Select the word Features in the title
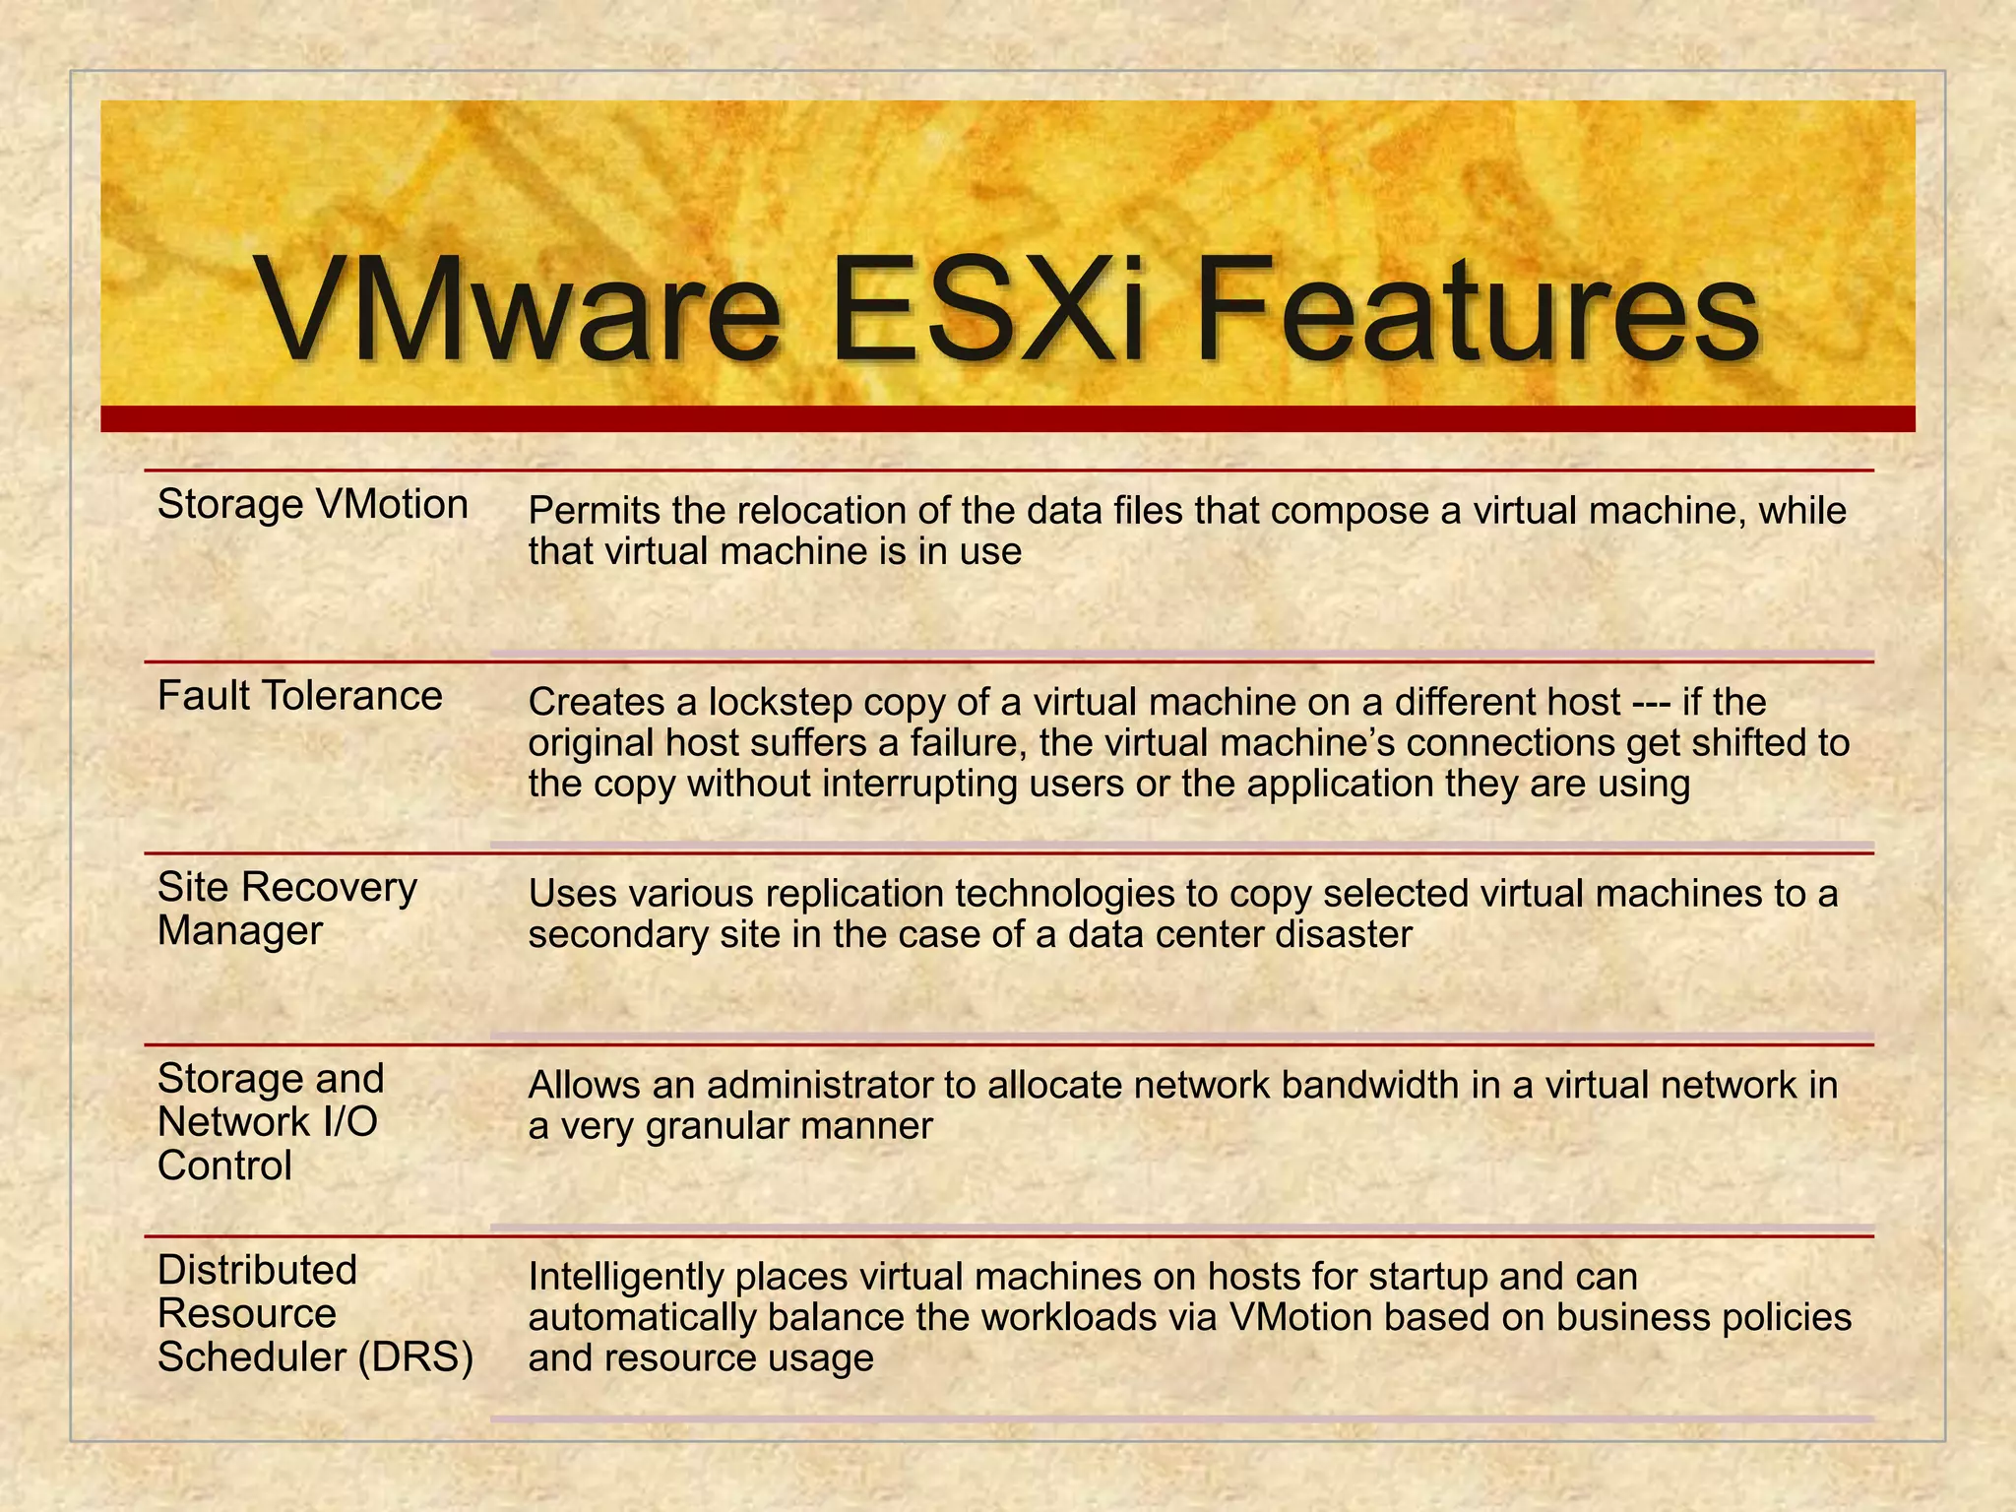tap(1477, 312)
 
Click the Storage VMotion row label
tap(313, 505)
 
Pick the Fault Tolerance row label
tap(300, 697)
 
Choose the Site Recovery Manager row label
tap(286, 909)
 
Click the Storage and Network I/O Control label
tap(271, 1122)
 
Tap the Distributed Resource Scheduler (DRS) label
tap(315, 1313)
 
